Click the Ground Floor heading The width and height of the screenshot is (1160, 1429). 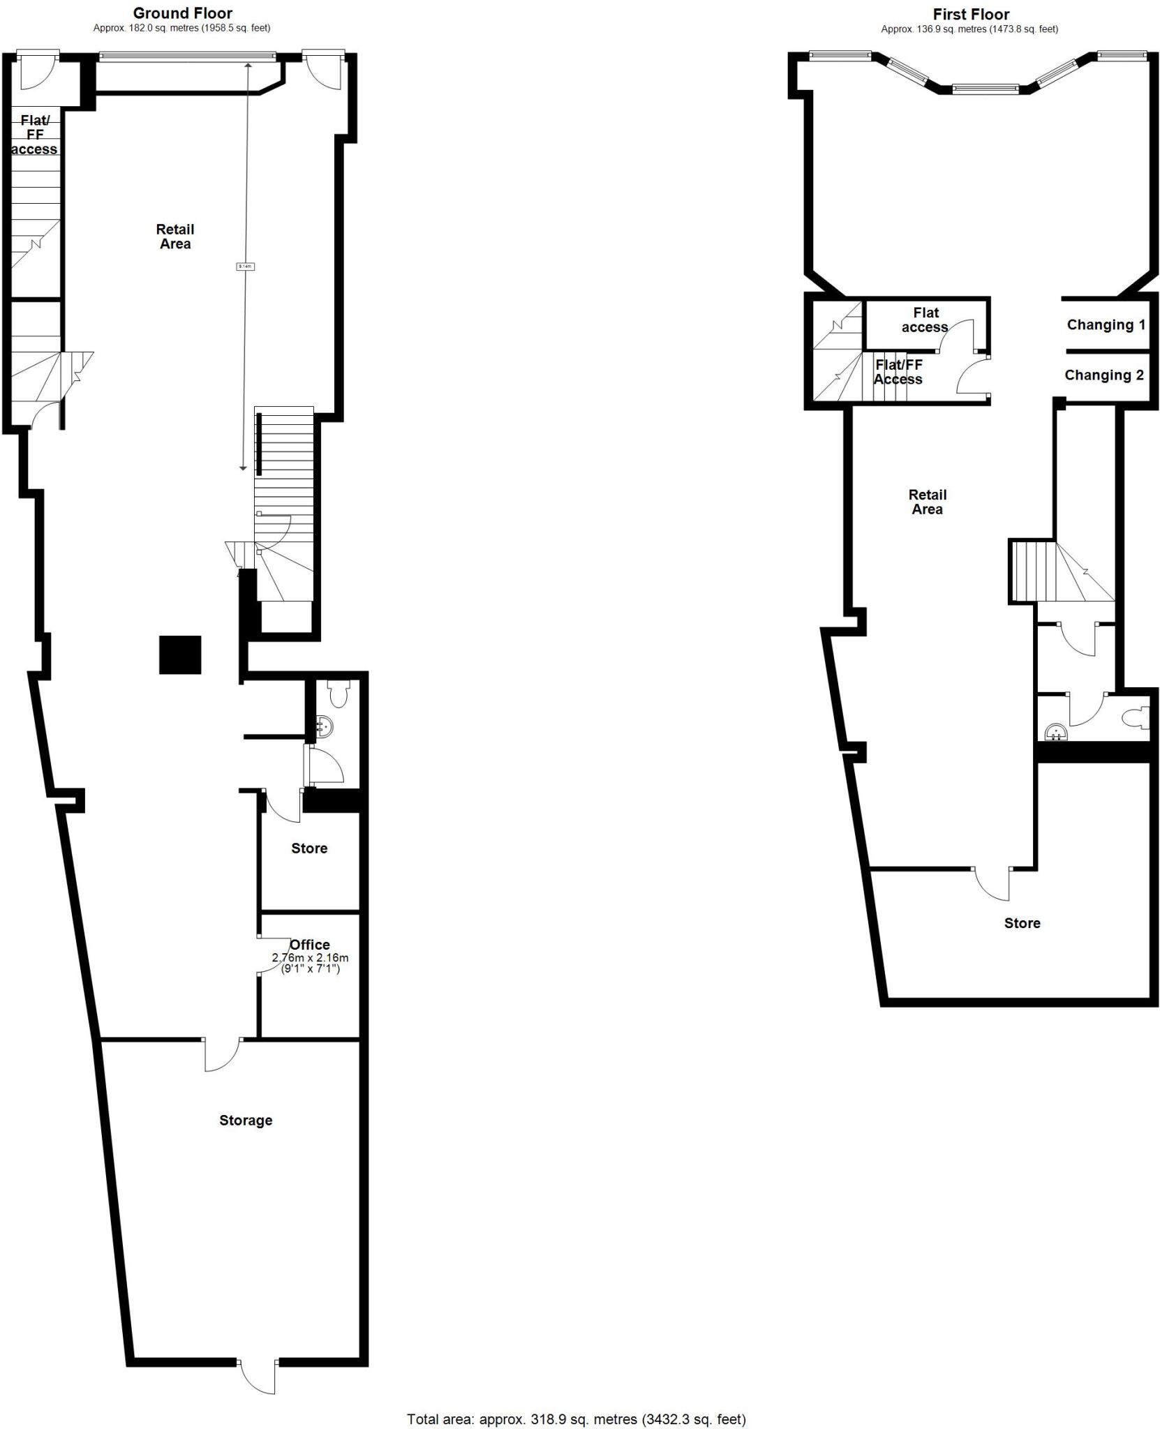[182, 13]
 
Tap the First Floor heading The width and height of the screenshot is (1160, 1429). [970, 15]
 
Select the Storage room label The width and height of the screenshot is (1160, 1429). [246, 1120]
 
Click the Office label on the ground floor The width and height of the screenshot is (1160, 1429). [309, 945]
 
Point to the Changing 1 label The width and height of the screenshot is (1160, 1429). [1106, 324]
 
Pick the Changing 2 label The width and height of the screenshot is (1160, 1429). [1103, 375]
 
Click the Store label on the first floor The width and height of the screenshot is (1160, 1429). [1022, 923]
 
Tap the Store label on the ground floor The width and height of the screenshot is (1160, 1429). [309, 848]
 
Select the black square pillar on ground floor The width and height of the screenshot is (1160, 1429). [180, 654]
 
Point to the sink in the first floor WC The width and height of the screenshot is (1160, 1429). [1056, 733]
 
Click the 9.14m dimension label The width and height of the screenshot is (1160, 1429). [246, 266]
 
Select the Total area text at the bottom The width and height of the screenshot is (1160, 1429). [576, 1413]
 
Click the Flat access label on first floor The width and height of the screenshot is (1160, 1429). [925, 320]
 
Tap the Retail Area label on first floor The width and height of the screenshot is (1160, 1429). [927, 502]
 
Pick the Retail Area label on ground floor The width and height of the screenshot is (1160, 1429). [175, 236]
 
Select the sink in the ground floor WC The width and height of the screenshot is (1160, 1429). [324, 727]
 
